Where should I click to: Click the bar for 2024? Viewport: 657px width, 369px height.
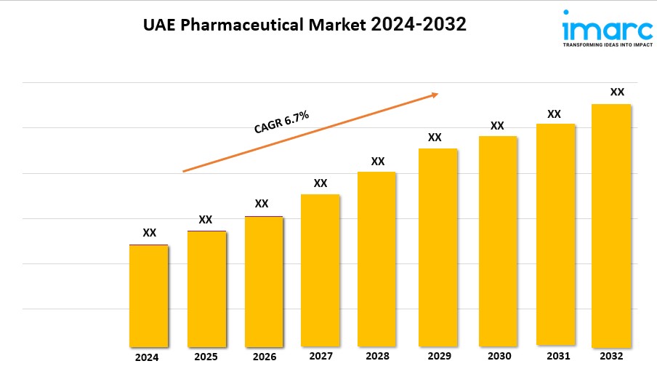(x=148, y=295)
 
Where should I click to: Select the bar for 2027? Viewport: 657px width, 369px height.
(x=320, y=270)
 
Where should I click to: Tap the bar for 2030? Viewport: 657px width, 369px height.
(x=497, y=241)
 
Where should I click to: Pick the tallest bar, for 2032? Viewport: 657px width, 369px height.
(x=611, y=226)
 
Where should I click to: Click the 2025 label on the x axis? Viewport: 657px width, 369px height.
(x=206, y=357)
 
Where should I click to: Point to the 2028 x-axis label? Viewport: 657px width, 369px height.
(x=377, y=356)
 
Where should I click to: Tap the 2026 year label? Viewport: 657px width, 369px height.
(x=264, y=357)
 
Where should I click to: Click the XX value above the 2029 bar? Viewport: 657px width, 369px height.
(x=435, y=137)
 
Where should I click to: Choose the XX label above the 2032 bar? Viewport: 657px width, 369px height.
(x=617, y=92)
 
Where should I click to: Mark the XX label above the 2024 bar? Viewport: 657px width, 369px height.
(x=149, y=233)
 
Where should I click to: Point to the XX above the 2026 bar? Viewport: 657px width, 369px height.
(x=262, y=204)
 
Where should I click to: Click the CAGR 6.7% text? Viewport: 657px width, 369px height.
(x=281, y=122)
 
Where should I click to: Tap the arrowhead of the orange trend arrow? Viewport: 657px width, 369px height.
(x=435, y=94)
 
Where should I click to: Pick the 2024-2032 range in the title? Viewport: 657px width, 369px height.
(x=419, y=25)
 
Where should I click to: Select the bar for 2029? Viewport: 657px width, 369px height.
(x=438, y=247)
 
